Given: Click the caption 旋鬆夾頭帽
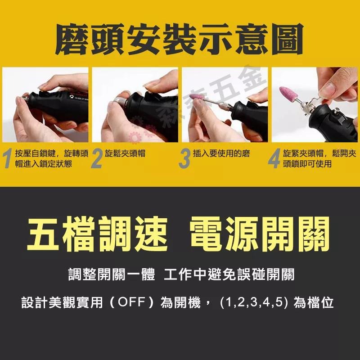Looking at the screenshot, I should pos(125,153).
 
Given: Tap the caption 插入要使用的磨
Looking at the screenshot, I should pos(221,153).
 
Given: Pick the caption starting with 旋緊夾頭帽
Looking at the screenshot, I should pos(319,158).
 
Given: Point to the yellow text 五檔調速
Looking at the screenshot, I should pos(97,234).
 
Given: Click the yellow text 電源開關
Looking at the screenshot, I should pos(260,234).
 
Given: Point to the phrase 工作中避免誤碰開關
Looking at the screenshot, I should pos(229,274).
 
